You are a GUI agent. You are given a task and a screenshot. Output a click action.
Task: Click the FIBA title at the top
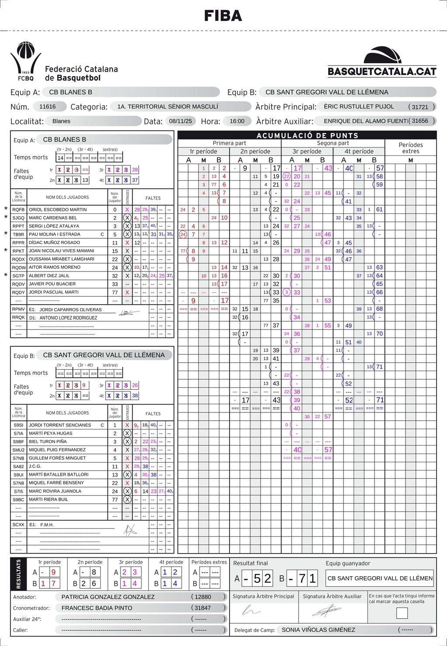coord(223,16)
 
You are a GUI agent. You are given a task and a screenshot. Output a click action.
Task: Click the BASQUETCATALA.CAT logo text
coord(382,72)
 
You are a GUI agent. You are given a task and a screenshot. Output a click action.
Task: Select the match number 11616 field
coord(48,107)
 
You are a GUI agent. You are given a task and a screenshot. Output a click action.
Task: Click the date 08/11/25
coord(183,121)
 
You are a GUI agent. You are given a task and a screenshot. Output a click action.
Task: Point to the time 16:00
coord(237,121)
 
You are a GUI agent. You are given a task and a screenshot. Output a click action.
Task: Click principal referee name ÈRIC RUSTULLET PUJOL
coord(359,107)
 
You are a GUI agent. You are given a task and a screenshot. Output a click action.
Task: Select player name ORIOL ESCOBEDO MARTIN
coord(58,210)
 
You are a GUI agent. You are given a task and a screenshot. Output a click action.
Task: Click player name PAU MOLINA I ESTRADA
coord(55,234)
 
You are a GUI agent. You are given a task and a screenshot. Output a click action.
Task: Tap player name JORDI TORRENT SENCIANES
coord(60,425)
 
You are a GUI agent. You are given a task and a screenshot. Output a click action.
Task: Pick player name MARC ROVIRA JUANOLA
coord(55,491)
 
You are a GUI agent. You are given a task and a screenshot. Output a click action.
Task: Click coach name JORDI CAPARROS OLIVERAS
coord(70,309)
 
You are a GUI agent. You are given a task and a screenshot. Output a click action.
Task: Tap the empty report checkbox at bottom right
coord(402,613)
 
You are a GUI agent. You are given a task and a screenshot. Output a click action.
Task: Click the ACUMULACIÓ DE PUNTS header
coord(307,135)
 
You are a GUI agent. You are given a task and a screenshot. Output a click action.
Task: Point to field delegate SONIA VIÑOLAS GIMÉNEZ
coord(318,629)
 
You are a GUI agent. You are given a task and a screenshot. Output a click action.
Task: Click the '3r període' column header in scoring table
coord(307,151)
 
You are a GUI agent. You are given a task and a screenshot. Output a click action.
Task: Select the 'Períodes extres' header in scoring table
coord(410,148)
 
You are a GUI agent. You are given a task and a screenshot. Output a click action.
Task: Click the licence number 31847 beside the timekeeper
coord(203,608)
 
